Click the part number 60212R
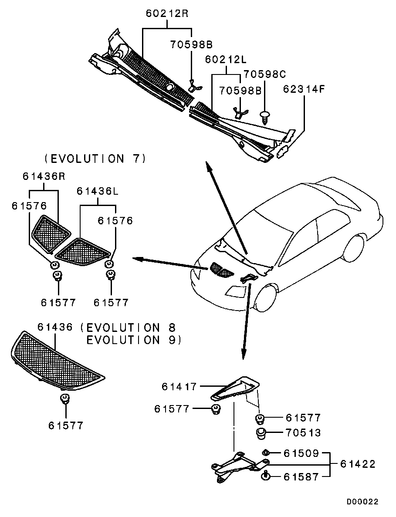[167, 14]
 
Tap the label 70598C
[264, 74]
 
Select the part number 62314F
[304, 89]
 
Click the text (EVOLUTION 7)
[95, 159]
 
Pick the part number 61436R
[44, 176]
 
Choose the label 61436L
[98, 191]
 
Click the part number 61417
[179, 386]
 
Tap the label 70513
[303, 433]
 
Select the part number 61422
[358, 464]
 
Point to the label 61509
[301, 454]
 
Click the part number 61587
[301, 477]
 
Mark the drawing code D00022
[362, 502]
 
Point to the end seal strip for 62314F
[285, 143]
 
